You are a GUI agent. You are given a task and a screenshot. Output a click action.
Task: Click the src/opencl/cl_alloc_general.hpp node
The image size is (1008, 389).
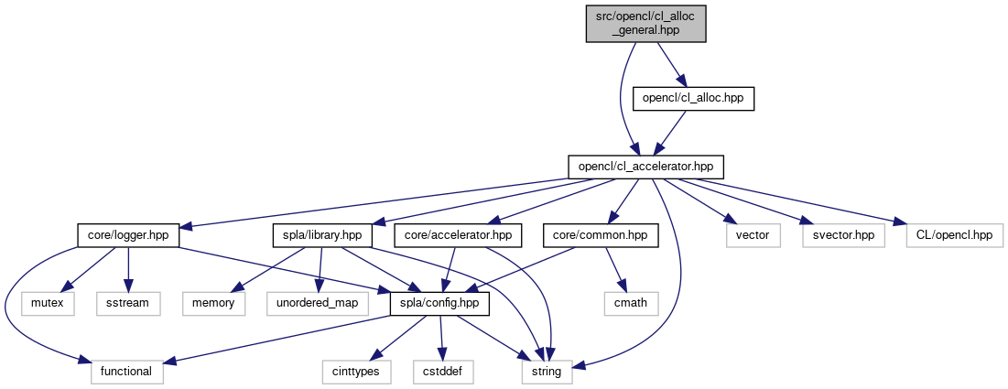click(647, 22)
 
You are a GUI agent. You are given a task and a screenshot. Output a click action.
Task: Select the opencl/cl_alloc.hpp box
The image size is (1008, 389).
click(694, 98)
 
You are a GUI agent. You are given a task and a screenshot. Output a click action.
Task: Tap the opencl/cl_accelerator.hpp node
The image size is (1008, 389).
click(646, 167)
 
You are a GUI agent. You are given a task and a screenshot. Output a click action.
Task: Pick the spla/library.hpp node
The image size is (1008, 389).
click(319, 235)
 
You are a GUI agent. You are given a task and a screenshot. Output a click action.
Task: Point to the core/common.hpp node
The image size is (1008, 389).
click(601, 235)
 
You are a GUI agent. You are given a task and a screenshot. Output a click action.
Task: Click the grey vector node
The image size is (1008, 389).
click(753, 235)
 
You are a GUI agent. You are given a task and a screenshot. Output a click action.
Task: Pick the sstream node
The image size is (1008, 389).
click(129, 302)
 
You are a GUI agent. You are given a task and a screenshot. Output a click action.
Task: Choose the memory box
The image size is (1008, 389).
click(212, 302)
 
